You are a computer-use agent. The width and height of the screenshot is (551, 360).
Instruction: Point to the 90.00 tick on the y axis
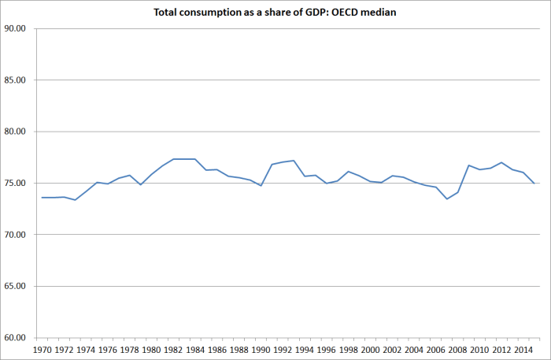click(16, 28)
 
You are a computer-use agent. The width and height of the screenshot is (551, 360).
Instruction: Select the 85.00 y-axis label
click(16, 80)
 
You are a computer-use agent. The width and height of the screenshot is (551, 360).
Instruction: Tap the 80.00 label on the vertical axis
click(16, 132)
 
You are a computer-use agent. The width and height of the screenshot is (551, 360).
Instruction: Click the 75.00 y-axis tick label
click(16, 184)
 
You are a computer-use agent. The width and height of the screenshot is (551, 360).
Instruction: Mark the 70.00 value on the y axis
click(16, 235)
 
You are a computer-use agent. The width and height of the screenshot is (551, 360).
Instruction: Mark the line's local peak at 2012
click(501, 162)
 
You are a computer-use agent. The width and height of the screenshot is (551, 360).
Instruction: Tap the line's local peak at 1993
click(294, 161)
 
